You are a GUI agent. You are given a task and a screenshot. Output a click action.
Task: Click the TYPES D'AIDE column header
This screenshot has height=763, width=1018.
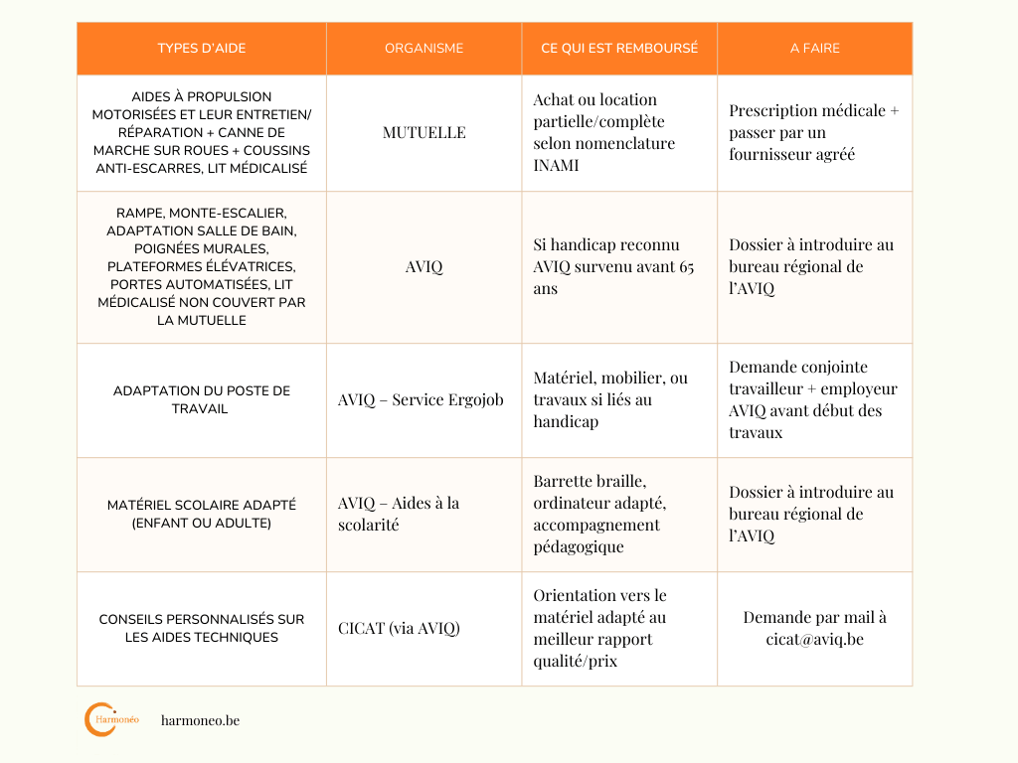(201, 49)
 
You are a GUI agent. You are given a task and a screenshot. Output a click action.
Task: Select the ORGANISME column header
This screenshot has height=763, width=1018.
(424, 49)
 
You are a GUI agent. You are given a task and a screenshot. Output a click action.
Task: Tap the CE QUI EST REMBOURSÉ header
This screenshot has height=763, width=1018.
(619, 49)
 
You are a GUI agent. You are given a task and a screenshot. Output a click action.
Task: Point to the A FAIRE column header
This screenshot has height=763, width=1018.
(814, 49)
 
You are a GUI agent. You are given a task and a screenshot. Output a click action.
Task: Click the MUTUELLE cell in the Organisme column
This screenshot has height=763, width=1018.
(424, 133)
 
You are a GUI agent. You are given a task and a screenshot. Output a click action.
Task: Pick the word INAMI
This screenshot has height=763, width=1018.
(555, 165)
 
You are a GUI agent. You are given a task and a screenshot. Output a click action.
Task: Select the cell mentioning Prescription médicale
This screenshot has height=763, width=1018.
(813, 132)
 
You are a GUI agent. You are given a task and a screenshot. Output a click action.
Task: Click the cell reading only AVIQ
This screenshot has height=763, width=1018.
(424, 267)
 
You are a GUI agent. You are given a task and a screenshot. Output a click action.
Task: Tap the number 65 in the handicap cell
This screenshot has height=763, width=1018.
(684, 267)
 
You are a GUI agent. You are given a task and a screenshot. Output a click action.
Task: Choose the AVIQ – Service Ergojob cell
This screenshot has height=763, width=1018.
(421, 400)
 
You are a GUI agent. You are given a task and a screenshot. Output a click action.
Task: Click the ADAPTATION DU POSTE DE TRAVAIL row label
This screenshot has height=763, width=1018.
(201, 399)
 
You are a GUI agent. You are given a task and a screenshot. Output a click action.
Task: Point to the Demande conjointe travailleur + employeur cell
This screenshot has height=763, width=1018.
(813, 399)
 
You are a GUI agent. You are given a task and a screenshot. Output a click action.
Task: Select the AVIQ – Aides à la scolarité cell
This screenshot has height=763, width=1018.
(398, 514)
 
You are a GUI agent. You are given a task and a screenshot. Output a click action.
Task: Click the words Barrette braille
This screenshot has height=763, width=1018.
(589, 482)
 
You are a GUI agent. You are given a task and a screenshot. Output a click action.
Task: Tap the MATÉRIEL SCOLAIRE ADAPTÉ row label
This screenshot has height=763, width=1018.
(201, 514)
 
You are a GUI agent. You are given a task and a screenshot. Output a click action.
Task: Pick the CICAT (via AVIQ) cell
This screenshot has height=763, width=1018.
(399, 628)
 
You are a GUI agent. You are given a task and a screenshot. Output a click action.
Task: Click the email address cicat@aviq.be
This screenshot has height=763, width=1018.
(814, 640)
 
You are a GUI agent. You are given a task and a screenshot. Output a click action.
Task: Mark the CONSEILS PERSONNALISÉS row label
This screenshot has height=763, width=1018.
(201, 628)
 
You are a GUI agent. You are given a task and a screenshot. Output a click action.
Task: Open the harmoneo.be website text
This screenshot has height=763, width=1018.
(200, 720)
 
